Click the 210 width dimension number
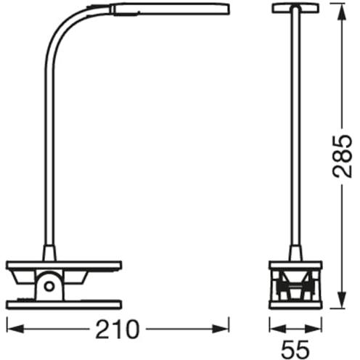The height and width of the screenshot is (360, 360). coord(118,329)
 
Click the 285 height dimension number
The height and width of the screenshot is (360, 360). coord(342,156)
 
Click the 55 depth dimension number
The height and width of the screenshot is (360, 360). coord(295,348)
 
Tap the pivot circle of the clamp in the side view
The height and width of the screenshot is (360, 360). coord(49,287)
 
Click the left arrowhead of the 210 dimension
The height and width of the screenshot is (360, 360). coord(15,329)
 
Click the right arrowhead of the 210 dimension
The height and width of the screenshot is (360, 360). coord(221,329)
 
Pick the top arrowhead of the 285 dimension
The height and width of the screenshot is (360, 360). coord(341,12)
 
